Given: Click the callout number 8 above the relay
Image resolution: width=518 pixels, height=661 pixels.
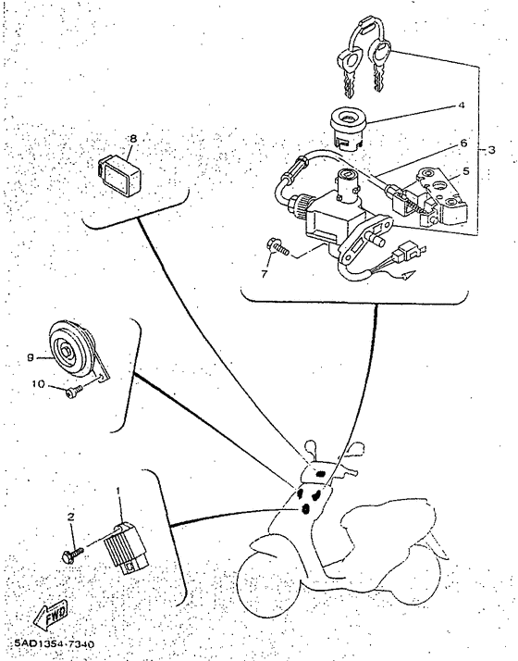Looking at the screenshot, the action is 133,138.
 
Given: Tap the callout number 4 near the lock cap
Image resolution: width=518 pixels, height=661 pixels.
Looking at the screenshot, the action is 462,105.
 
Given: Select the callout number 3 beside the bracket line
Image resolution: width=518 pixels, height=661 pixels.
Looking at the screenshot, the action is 491,150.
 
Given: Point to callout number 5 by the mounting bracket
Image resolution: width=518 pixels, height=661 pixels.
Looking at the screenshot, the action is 465,171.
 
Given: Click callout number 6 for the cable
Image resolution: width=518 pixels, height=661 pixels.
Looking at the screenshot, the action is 463,143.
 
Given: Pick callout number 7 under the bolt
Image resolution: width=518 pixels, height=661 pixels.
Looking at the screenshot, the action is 264,274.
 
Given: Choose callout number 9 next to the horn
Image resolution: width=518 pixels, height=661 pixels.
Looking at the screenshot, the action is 31,357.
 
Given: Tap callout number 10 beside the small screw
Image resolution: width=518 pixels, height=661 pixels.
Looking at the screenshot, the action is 38,384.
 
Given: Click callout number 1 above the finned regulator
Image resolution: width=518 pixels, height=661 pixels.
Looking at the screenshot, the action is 118,491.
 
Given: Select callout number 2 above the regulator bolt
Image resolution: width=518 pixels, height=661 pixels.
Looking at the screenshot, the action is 70,517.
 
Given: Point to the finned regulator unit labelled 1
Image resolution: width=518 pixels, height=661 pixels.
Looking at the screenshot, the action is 126,548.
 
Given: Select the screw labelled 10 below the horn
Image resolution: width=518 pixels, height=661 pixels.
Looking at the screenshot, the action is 74,393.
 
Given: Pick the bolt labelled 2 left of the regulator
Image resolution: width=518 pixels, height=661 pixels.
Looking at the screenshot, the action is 71,554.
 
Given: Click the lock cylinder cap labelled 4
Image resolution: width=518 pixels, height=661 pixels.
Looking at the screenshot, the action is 349,126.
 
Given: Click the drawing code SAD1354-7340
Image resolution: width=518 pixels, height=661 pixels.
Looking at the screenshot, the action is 55,643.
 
